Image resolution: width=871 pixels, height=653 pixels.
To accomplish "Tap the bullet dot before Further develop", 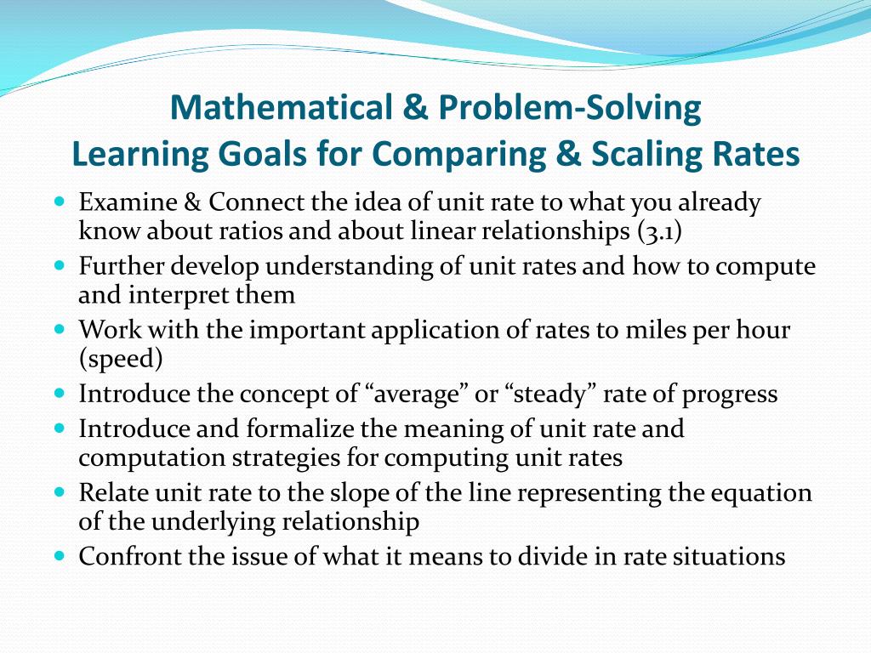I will coord(59,265).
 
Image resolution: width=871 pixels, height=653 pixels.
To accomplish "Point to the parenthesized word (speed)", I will coord(120,358).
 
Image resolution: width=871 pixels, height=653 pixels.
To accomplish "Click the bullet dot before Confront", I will coord(59,556).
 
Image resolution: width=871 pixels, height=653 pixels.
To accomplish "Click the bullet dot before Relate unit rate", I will coord(59,492).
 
